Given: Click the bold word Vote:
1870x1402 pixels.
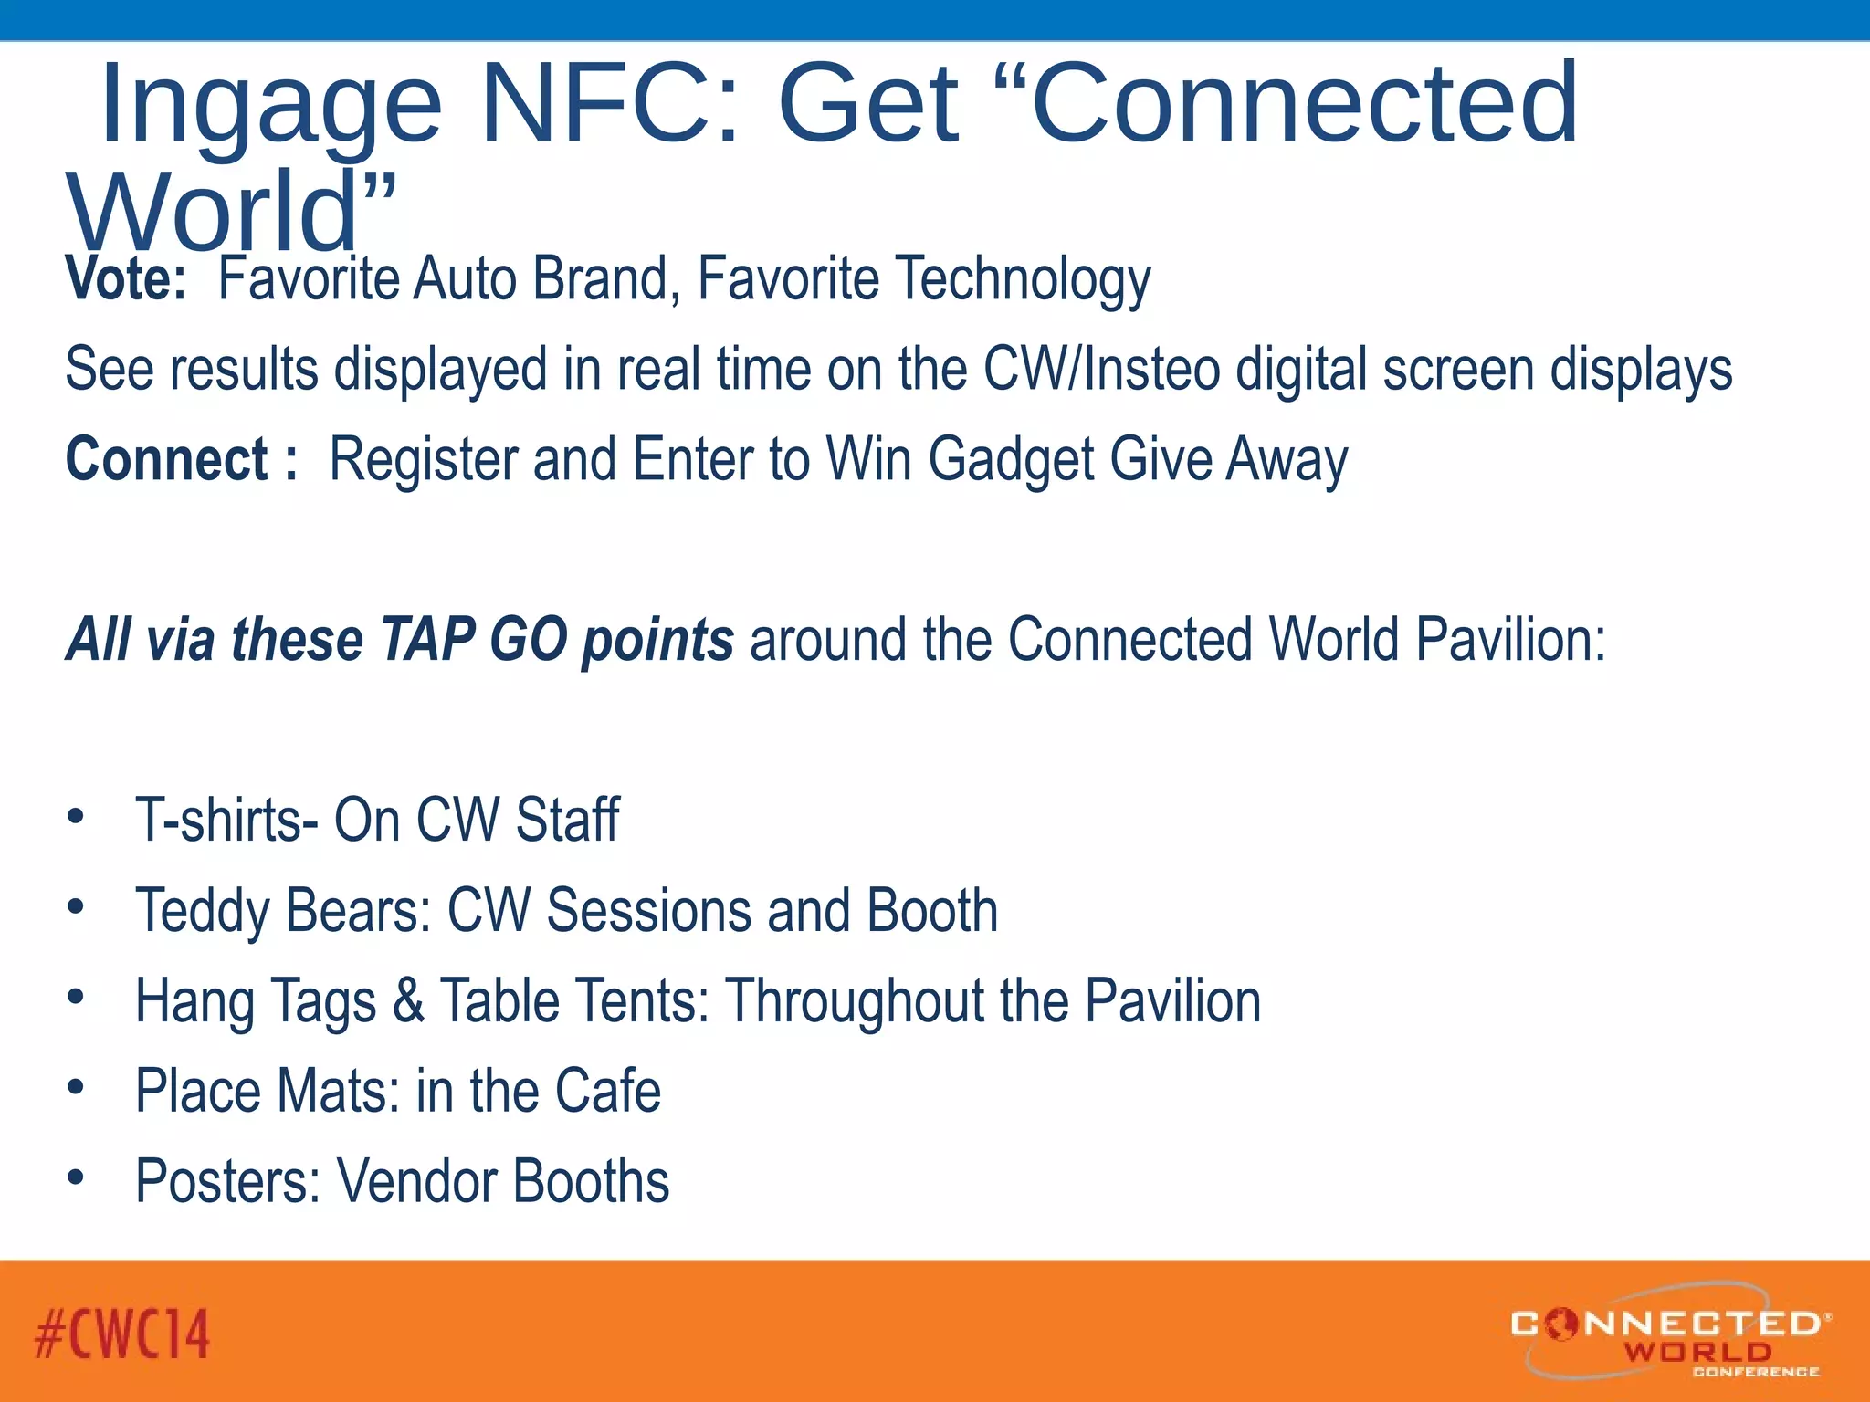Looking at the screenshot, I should [126, 279].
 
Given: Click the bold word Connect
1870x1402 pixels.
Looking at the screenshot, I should [166, 459].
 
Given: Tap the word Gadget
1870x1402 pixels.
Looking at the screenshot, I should [1011, 459].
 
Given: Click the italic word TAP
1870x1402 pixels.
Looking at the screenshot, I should [426, 640].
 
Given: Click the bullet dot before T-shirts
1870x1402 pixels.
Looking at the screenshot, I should [76, 815].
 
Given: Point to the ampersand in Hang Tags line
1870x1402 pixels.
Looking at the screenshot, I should [408, 1001].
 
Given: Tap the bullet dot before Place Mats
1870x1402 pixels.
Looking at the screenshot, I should [76, 1086].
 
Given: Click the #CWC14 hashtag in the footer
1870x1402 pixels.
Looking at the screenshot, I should [122, 1334].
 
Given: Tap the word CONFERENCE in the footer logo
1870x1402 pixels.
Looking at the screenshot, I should [1755, 1372].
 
